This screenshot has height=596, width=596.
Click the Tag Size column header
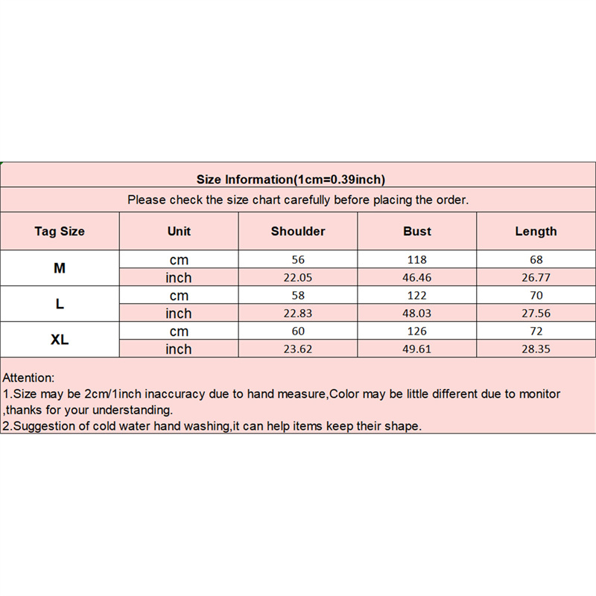click(x=60, y=231)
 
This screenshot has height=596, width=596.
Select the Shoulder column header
click(x=298, y=231)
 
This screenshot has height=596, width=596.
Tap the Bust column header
click(x=417, y=231)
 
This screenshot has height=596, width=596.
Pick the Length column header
click(x=536, y=231)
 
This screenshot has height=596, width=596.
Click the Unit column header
click(x=179, y=231)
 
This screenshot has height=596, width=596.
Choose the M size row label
click(x=60, y=268)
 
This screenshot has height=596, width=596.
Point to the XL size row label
click(x=60, y=340)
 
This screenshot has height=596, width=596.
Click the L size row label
click(x=60, y=304)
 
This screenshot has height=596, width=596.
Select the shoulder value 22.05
click(x=298, y=278)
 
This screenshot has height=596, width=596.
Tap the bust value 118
click(x=417, y=260)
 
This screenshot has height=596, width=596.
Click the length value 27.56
click(x=536, y=314)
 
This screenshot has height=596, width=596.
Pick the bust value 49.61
click(x=417, y=349)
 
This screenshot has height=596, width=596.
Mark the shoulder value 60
click(x=298, y=332)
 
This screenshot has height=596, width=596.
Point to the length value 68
click(x=536, y=260)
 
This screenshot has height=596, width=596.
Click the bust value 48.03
click(x=417, y=314)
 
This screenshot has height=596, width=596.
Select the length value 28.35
click(x=536, y=349)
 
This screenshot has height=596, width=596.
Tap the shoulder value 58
click(x=298, y=296)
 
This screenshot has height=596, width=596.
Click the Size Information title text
click(x=291, y=179)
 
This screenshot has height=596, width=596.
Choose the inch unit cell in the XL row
click(x=179, y=349)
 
